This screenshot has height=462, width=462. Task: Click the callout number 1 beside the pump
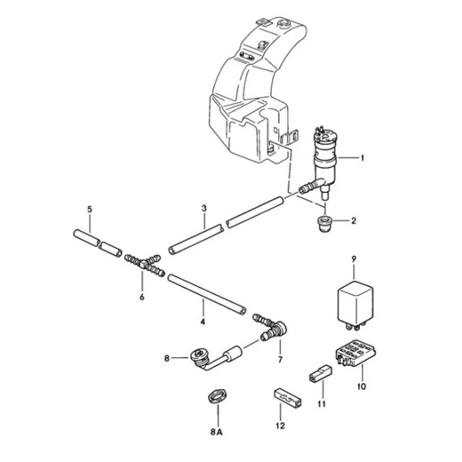362,158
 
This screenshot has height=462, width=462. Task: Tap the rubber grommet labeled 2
324,223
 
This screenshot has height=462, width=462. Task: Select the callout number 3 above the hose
204,208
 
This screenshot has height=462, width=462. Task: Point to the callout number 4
203,322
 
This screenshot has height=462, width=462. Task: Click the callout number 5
90,209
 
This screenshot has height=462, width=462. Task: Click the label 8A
216,432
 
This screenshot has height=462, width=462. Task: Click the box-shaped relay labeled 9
355,306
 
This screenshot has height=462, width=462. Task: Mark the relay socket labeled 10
356,353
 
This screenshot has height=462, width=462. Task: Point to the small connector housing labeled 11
319,374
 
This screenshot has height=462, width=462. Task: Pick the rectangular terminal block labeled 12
288,397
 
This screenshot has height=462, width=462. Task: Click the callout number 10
361,387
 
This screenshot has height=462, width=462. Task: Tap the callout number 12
280,426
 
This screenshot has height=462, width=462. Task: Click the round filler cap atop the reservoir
285,23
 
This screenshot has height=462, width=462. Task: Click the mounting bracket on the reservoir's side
290,138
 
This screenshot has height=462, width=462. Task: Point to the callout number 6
142,297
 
